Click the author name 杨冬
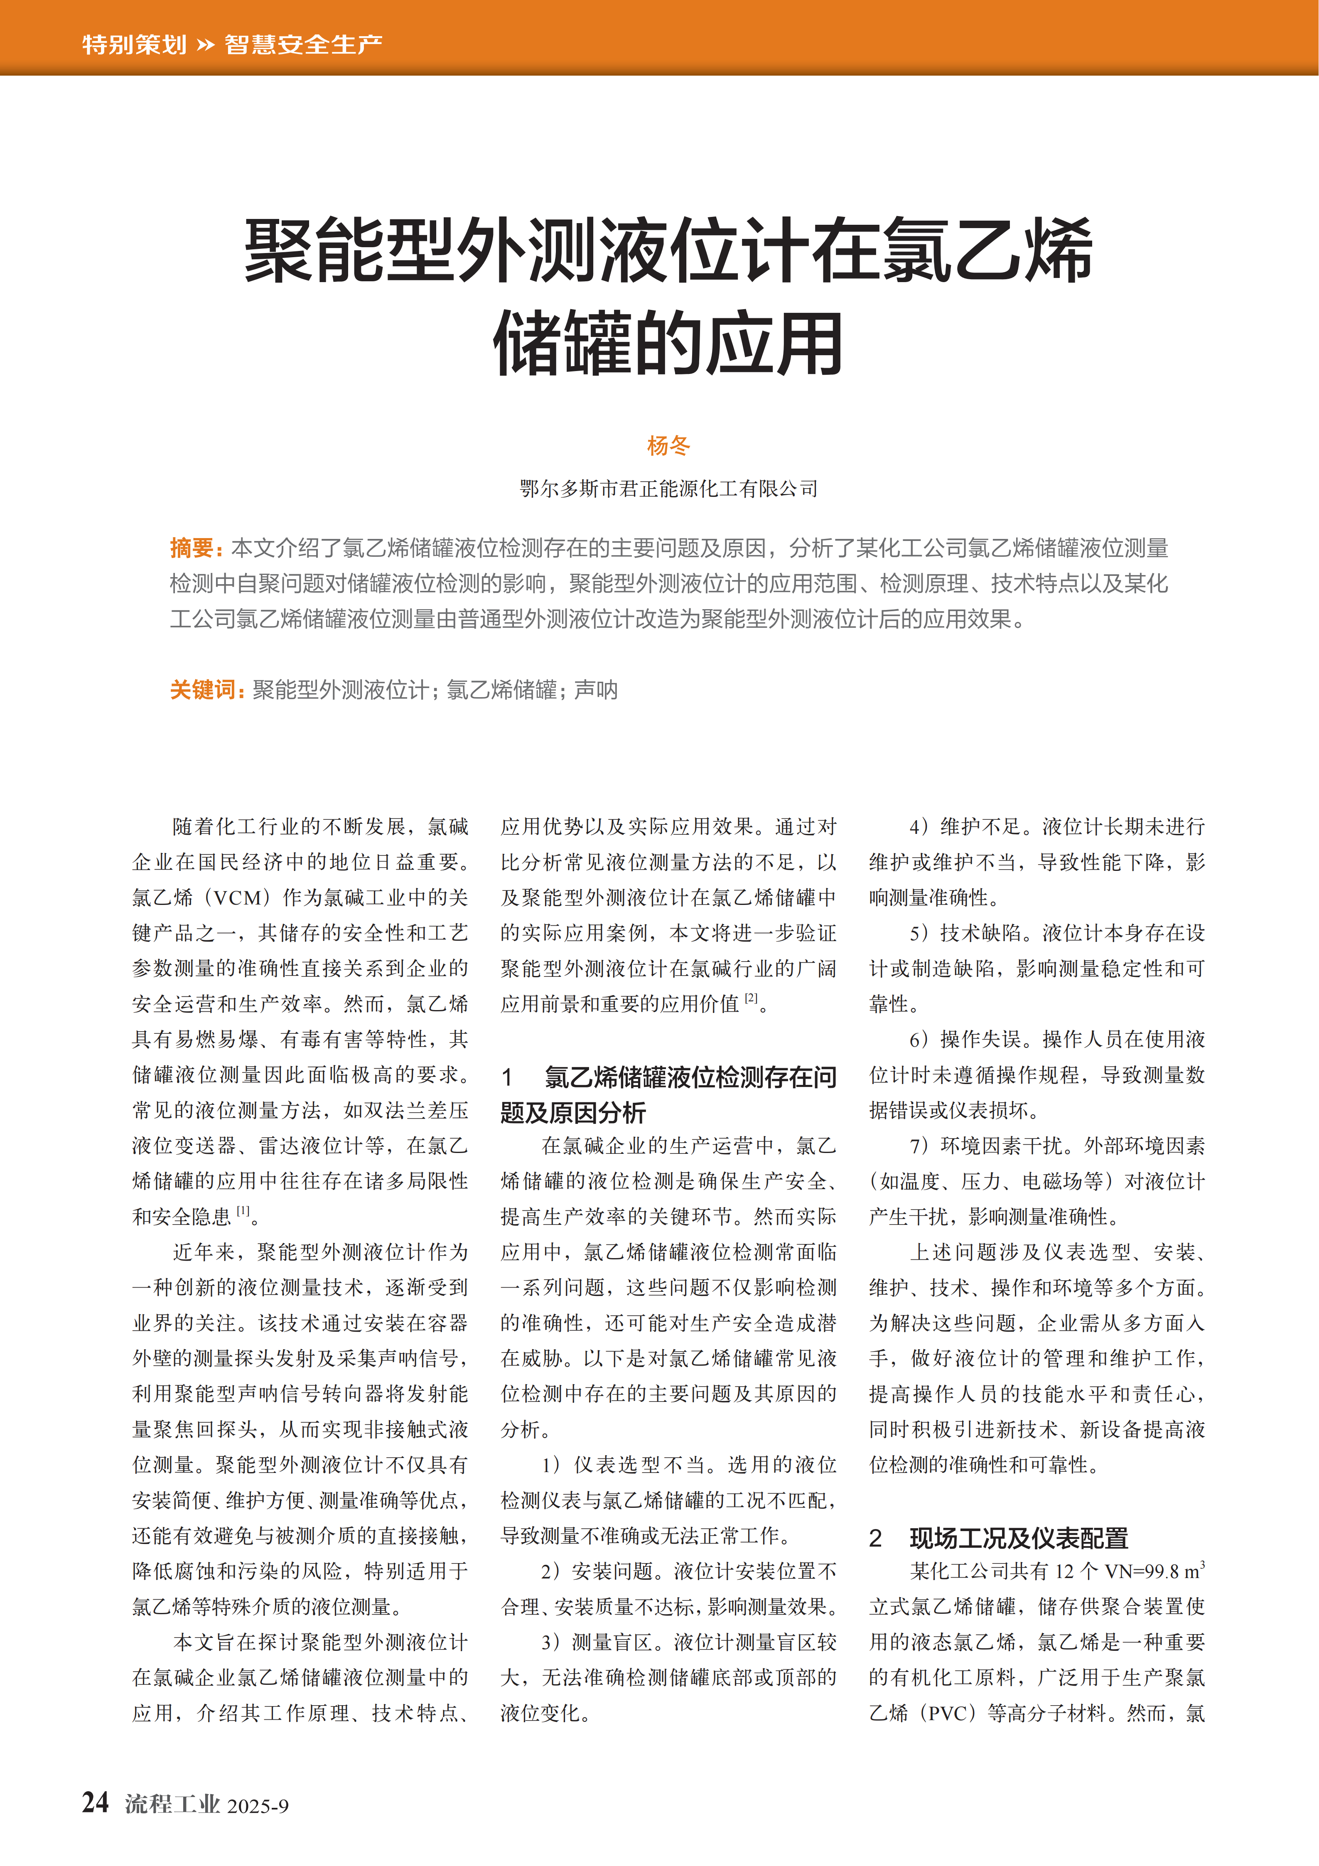tap(668, 445)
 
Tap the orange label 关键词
tap(202, 690)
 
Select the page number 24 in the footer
tap(95, 1802)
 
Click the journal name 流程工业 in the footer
tap(172, 1804)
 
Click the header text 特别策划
tap(134, 44)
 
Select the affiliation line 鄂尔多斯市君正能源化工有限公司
tap(668, 489)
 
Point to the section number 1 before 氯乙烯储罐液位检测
tap(507, 1078)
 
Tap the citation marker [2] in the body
tap(751, 998)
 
